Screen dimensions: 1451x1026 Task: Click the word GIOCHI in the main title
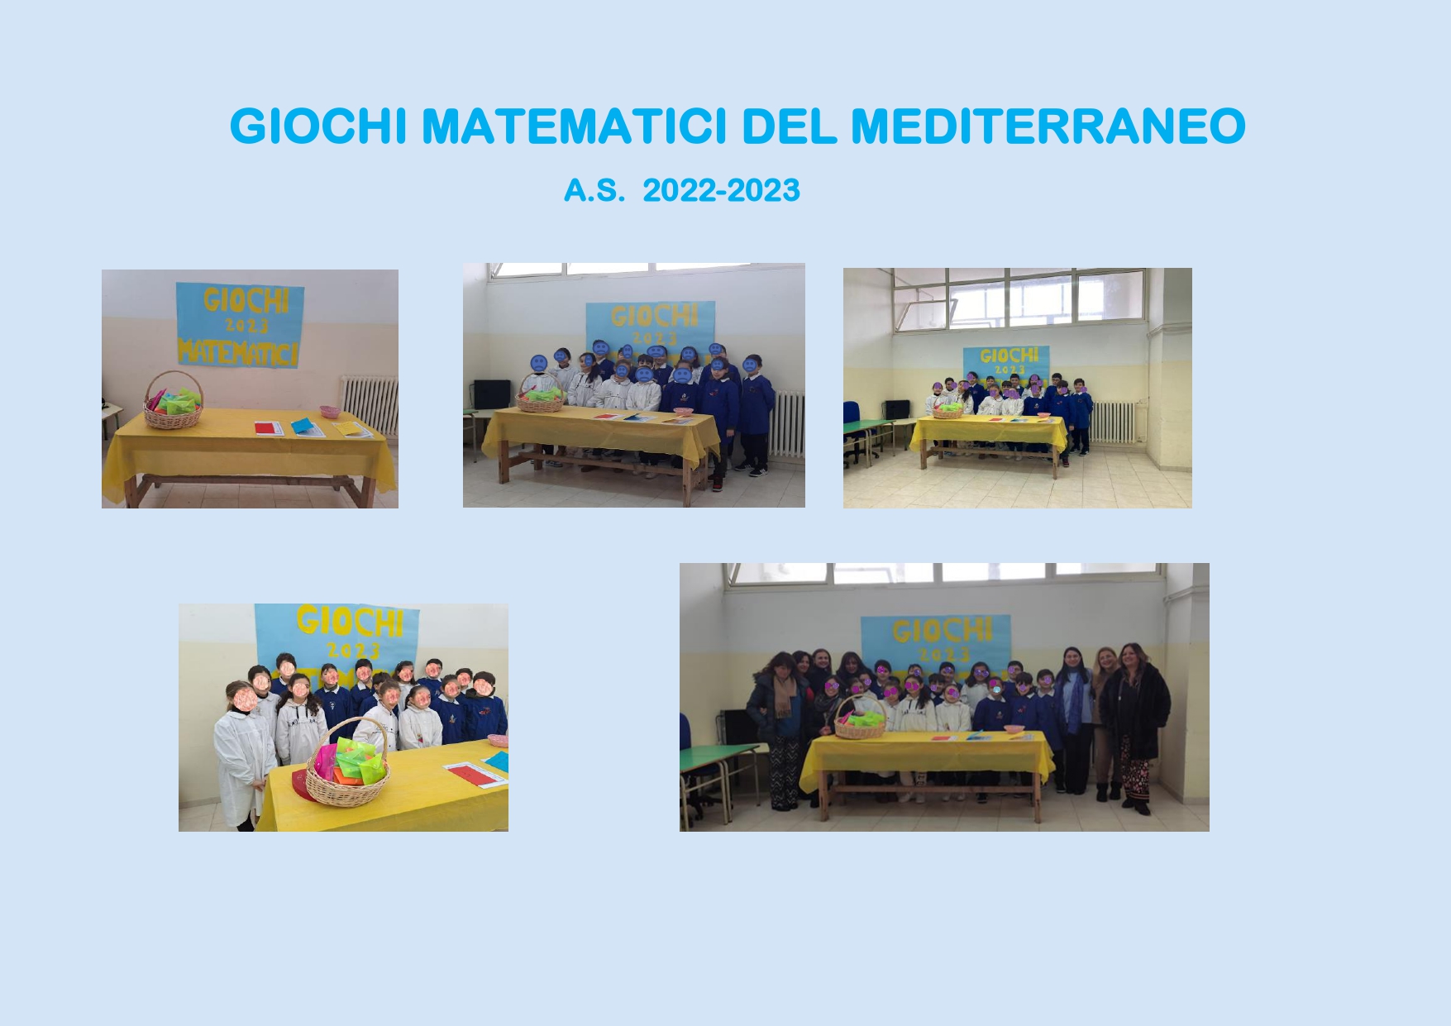(318, 126)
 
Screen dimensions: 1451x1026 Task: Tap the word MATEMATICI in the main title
(575, 126)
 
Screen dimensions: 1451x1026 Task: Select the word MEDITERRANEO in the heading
(1048, 126)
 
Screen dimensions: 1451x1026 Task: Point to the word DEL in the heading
(790, 126)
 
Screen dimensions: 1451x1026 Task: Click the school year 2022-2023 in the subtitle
(721, 191)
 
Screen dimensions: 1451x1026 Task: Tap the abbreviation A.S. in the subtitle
(594, 191)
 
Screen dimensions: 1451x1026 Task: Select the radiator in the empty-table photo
(370, 405)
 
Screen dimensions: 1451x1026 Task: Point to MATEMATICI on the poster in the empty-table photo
(238, 352)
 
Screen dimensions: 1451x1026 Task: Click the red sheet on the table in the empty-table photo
(268, 428)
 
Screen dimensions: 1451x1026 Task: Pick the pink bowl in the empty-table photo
(329, 411)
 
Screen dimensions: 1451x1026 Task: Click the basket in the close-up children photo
(346, 765)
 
